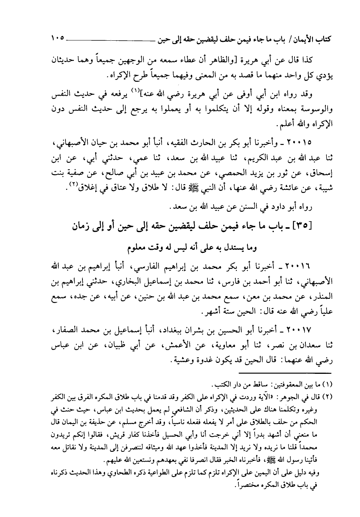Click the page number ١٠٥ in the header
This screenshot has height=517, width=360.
58,38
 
